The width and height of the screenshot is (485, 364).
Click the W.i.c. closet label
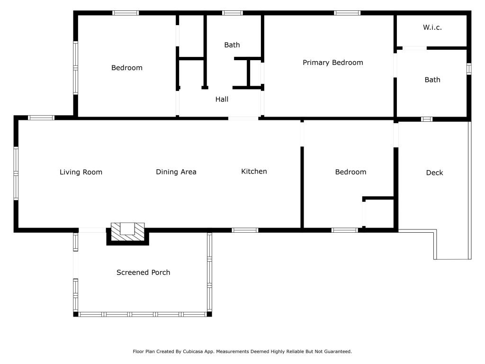432,27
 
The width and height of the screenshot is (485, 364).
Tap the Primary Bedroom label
333,63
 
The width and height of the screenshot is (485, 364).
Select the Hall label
222,100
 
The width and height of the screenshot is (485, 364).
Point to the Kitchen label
254,172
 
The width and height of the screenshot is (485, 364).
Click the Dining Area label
176,172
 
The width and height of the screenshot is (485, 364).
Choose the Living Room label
81,172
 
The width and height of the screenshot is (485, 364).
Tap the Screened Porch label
143,273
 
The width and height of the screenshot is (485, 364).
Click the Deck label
435,173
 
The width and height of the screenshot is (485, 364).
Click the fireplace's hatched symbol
128,231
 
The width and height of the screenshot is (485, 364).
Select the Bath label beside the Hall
232,45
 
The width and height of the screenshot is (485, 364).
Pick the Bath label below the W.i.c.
432,80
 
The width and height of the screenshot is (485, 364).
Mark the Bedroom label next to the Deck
351,172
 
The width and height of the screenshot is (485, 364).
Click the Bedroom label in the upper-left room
127,68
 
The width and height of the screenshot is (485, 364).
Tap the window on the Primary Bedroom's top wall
347,13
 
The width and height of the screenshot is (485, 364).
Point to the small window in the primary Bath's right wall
469,69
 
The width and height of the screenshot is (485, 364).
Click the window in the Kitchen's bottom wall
245,230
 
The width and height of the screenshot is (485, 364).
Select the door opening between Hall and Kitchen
243,118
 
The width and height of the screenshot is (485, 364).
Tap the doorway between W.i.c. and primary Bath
415,48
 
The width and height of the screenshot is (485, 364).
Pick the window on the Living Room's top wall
41,118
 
